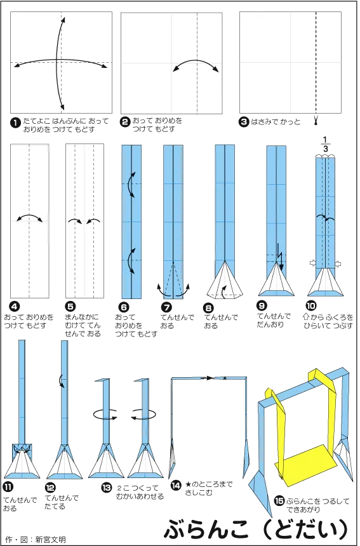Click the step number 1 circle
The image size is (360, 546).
point(16,123)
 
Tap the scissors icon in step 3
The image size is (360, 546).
point(316,121)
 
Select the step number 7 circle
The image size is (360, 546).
point(166,307)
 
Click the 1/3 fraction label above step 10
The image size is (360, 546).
point(325,145)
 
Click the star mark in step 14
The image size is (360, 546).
point(225,378)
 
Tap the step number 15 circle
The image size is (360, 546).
point(279,501)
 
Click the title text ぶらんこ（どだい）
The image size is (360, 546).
point(257,529)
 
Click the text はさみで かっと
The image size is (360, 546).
point(276,122)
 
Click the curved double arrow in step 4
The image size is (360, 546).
point(30,217)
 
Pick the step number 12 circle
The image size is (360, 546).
point(50,488)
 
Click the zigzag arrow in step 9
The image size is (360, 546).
point(279,258)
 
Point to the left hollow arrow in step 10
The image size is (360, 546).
point(312,263)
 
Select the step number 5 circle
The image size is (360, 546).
point(70,306)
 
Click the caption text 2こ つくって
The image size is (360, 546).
point(138,488)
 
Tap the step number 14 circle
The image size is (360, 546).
point(176,485)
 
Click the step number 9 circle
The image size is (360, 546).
point(262,306)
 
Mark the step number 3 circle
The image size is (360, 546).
point(244,122)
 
